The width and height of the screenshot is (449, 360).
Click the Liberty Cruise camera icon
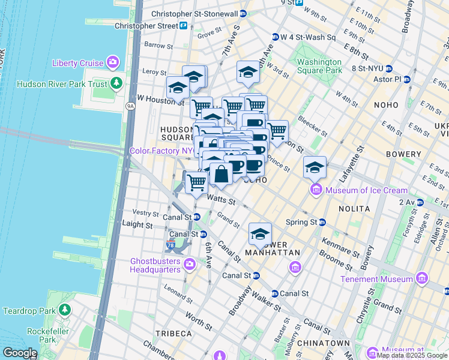(x=112, y=62)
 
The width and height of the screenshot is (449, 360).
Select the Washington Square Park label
(x=319, y=66)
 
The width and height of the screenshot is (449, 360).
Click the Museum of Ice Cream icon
(x=316, y=191)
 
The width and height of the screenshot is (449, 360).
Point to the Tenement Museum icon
(x=422, y=278)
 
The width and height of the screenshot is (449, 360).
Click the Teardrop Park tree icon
(x=64, y=310)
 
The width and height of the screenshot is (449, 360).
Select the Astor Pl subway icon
(x=408, y=79)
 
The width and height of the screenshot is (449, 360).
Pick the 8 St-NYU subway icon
(x=388, y=68)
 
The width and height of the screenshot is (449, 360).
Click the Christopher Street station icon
(x=182, y=26)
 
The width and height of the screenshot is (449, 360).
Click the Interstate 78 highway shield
(x=171, y=244)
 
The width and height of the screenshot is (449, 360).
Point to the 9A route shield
(x=130, y=106)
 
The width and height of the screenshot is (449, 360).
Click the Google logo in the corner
(x=19, y=353)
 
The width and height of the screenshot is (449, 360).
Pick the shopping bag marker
(x=221, y=175)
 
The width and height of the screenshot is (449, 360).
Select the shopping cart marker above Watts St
(x=196, y=182)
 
